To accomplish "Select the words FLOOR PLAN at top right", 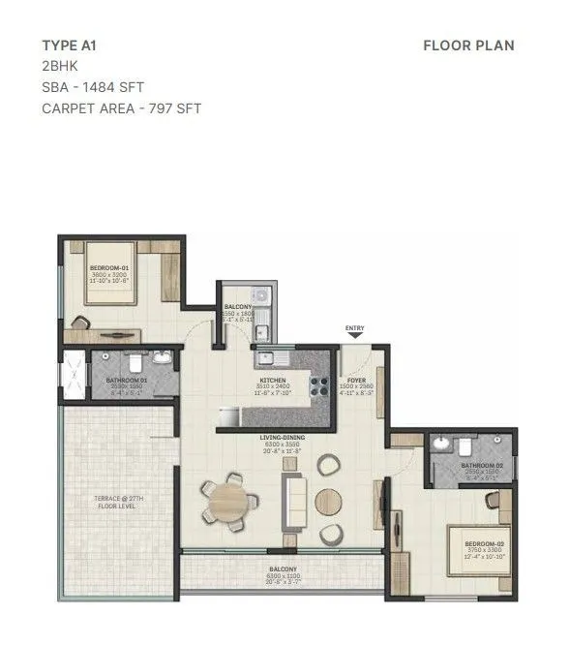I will pos(468,45).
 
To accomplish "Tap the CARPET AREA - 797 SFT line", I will pos(121,108).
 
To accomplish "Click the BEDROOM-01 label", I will pos(109,267).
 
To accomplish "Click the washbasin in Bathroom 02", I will pos(443,445).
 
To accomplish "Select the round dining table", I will pos(228,502).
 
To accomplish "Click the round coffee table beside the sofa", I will pos(328,502).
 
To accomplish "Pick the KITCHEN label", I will pos(272,381).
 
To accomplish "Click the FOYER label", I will pos(356,381).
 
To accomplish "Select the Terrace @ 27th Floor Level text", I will pos(120,501).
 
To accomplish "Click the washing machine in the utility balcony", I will pos(259,296).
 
